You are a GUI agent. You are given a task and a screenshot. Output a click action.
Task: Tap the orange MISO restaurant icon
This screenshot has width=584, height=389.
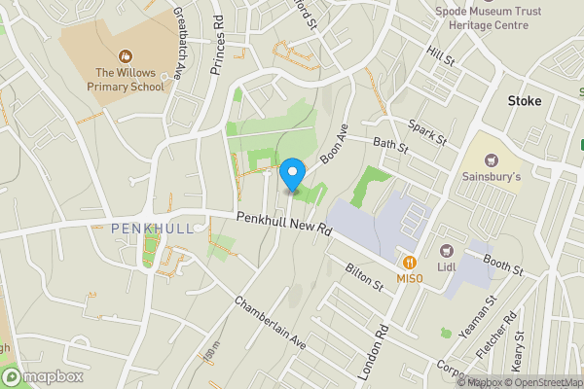click(410, 262)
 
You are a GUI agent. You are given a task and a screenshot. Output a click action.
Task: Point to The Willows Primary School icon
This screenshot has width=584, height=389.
click(124, 56)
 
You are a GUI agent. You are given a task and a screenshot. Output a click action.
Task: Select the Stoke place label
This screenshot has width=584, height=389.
click(524, 100)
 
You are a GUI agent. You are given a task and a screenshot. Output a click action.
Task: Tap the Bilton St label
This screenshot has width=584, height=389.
click(365, 275)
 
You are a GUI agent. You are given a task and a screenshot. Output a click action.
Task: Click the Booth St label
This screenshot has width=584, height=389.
click(503, 264)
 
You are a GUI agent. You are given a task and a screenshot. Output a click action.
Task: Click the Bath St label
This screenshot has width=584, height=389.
click(389, 150)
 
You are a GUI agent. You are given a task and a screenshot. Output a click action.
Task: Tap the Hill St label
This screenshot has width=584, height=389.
click(441, 59)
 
